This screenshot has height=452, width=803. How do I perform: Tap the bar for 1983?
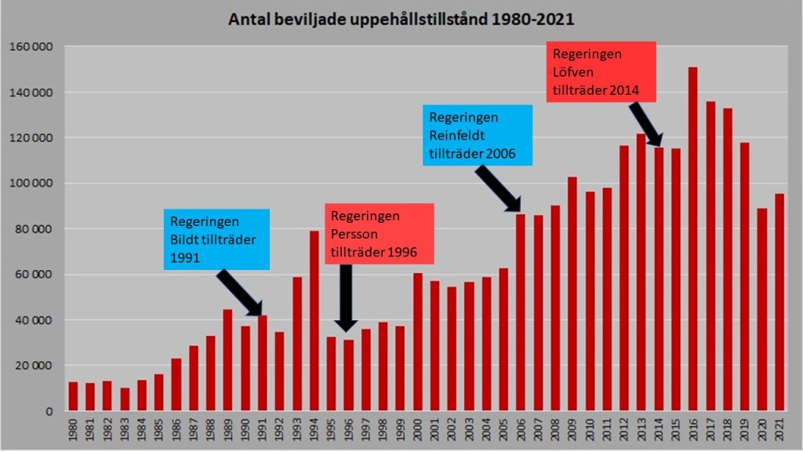[x=124, y=399]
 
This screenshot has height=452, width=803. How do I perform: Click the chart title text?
[x=401, y=19]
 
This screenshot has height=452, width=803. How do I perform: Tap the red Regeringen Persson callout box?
[x=380, y=234]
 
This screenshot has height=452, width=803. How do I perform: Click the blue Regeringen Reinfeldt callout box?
[x=477, y=135]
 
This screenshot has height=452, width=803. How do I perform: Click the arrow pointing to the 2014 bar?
[x=645, y=122]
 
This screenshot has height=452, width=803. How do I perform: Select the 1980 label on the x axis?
[x=73, y=429]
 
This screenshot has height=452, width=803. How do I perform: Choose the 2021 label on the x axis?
[x=779, y=429]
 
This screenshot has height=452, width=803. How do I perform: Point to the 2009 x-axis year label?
[x=572, y=429]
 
